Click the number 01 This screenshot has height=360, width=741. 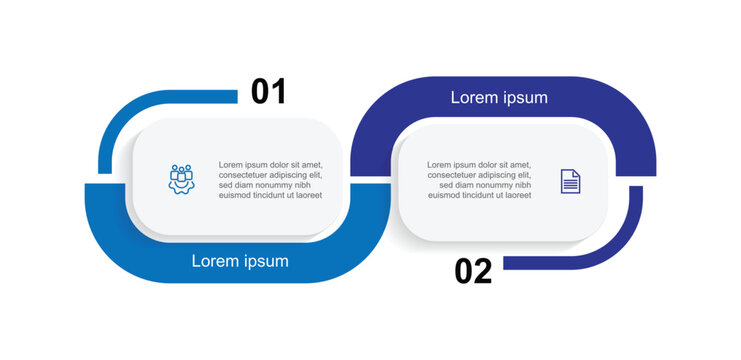(x=268, y=92)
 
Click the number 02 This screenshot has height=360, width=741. (x=473, y=271)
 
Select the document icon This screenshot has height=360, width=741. (x=570, y=181)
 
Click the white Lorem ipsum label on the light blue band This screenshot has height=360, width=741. (x=240, y=262)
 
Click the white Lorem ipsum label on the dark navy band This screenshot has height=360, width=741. (x=499, y=98)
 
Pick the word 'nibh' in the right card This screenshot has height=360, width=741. (x=520, y=186)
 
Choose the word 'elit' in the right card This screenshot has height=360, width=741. (x=522, y=175)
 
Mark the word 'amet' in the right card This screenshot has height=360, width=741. (x=518, y=165)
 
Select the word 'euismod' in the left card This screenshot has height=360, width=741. (x=237, y=196)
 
